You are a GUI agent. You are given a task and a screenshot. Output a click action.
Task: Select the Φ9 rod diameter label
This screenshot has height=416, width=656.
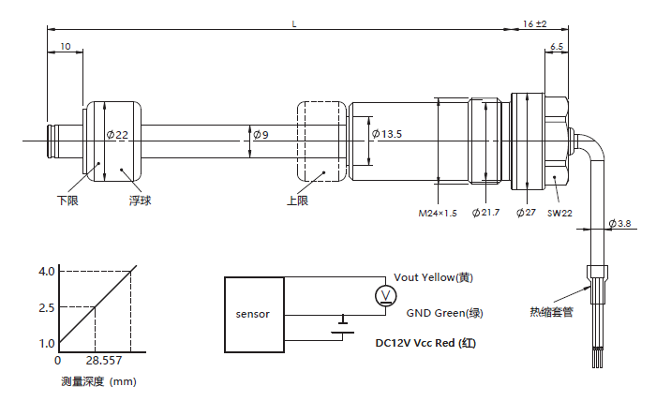260,135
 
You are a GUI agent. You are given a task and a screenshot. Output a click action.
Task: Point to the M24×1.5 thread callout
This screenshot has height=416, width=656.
437,214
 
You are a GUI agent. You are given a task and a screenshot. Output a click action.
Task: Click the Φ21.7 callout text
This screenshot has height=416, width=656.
486,214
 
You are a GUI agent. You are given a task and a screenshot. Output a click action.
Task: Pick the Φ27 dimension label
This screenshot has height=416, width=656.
525,214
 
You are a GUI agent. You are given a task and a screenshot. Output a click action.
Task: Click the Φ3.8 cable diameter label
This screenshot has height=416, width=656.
620,223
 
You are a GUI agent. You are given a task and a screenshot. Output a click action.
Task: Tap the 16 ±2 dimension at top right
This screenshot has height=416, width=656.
534,22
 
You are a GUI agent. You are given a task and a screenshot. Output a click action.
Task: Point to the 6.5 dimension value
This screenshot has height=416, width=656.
557,46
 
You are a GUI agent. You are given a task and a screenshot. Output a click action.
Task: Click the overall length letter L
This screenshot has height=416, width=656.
294,22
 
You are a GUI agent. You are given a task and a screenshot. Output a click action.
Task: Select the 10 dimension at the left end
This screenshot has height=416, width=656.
65,46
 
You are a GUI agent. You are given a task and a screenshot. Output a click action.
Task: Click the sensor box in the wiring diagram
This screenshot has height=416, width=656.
252,314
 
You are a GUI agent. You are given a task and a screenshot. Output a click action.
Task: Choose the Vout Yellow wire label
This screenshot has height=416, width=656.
434,277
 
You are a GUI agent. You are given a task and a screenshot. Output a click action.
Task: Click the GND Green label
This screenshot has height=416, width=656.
445,313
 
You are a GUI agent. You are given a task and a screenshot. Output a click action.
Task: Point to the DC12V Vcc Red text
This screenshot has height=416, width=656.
426,343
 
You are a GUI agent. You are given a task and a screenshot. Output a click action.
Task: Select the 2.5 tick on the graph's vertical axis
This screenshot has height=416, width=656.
47,307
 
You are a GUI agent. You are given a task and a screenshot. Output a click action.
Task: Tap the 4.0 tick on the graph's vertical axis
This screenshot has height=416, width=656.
47,271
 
